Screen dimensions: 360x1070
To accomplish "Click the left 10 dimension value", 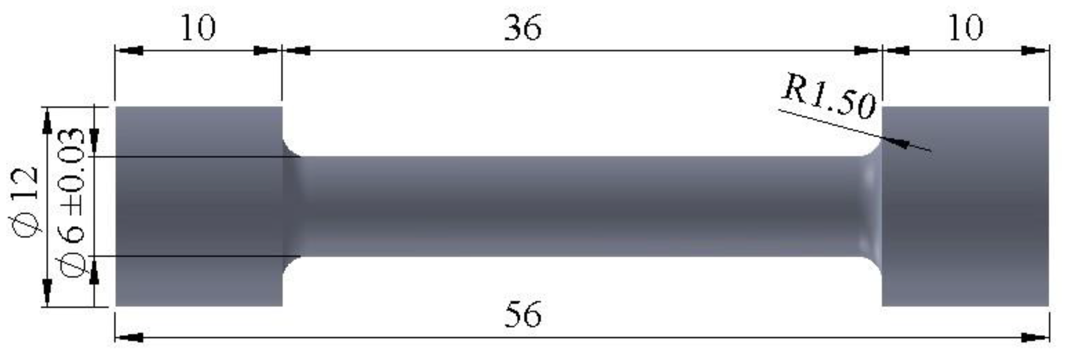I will click(x=199, y=28).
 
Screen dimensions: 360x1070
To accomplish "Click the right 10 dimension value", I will click(x=965, y=28).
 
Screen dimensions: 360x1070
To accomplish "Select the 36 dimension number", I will click(x=523, y=28).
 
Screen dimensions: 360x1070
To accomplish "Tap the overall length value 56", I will click(x=523, y=314).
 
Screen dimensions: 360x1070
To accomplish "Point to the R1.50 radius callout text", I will click(x=829, y=98).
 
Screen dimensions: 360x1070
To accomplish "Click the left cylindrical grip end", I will click(x=199, y=206).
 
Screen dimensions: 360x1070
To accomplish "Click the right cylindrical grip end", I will click(x=965, y=206).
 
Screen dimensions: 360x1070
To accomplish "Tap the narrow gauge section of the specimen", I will click(x=581, y=206).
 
